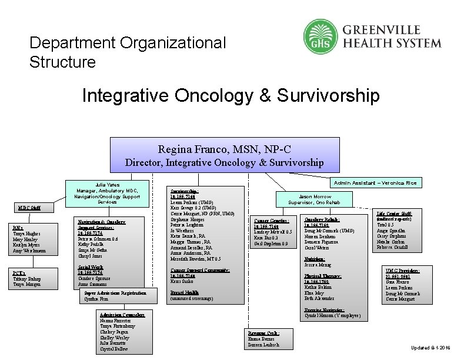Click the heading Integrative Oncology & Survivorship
(231, 95)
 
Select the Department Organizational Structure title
(127, 52)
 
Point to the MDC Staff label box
(29, 207)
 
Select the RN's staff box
(29, 239)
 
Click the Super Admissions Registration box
(120, 295)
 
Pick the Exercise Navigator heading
(325, 310)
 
